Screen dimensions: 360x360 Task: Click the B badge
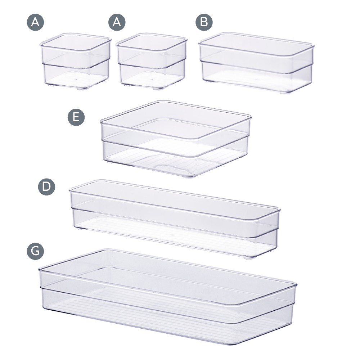(x=204, y=22)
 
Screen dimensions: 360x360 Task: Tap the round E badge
(x=76, y=117)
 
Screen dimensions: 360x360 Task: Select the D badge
(x=46, y=187)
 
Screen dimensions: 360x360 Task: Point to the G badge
(x=35, y=251)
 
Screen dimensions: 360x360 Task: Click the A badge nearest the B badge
(x=117, y=22)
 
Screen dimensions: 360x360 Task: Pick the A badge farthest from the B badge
(x=35, y=22)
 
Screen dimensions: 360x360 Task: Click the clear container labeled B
(x=256, y=62)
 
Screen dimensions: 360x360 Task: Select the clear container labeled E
(x=176, y=139)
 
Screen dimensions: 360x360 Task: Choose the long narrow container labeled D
(x=175, y=219)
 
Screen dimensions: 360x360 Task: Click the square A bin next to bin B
(x=151, y=60)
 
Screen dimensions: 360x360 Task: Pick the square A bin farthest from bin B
(x=76, y=60)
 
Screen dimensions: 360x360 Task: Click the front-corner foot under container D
(x=248, y=258)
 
